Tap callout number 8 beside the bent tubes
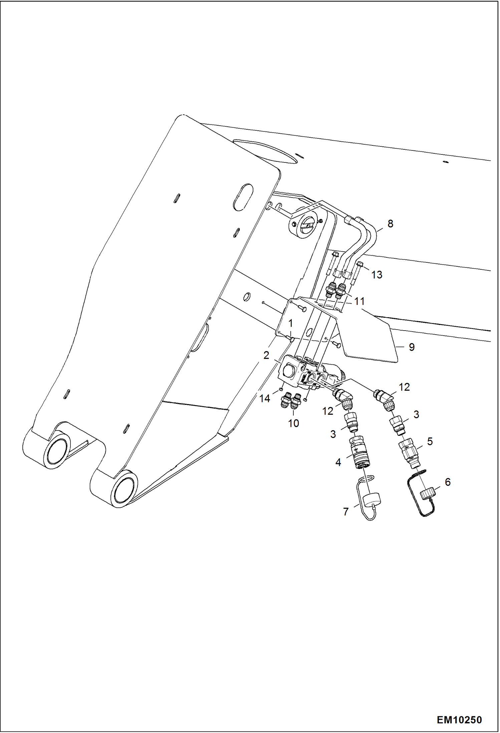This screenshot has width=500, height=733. point(390,223)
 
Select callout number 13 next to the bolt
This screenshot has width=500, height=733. point(377,275)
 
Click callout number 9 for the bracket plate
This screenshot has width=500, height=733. point(412,347)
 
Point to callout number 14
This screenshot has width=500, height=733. point(265,398)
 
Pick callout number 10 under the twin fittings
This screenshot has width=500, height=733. point(293,423)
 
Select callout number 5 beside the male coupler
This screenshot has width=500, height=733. point(430,441)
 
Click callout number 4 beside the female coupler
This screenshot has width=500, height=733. point(338,462)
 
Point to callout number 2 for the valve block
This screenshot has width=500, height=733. point(266,355)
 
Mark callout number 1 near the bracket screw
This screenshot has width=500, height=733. point(290,323)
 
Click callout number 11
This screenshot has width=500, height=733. point(359,301)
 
